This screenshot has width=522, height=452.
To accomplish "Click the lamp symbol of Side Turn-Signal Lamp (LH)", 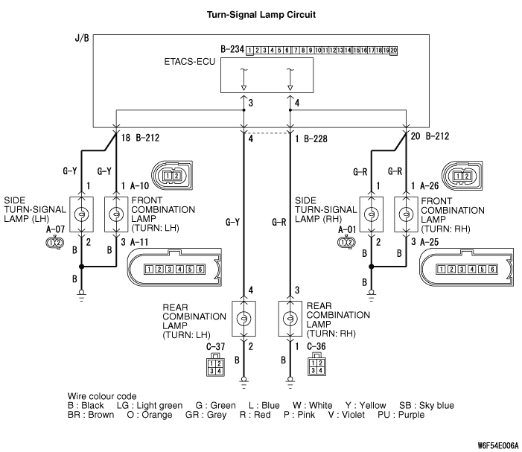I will pos(81,214).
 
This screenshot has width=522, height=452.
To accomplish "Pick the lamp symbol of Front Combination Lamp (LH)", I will pos(115,214).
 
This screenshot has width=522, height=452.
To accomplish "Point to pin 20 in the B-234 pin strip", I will pos(394,50).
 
